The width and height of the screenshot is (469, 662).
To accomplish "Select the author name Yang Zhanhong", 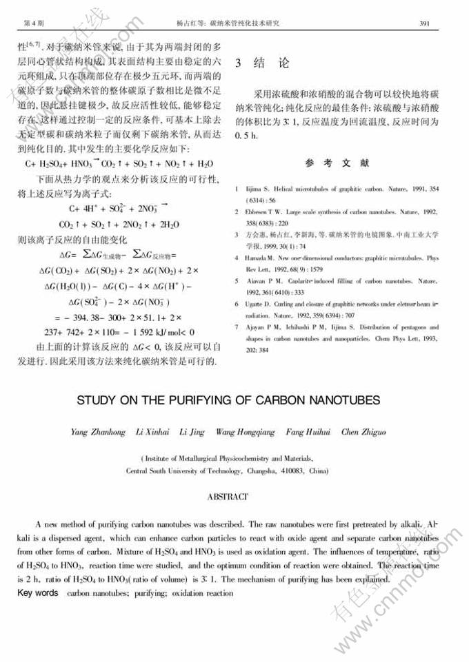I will [x=98, y=432].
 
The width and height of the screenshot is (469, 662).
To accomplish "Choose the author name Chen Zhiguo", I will [x=363, y=432].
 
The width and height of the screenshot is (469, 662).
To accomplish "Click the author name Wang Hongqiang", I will [x=245, y=432].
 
